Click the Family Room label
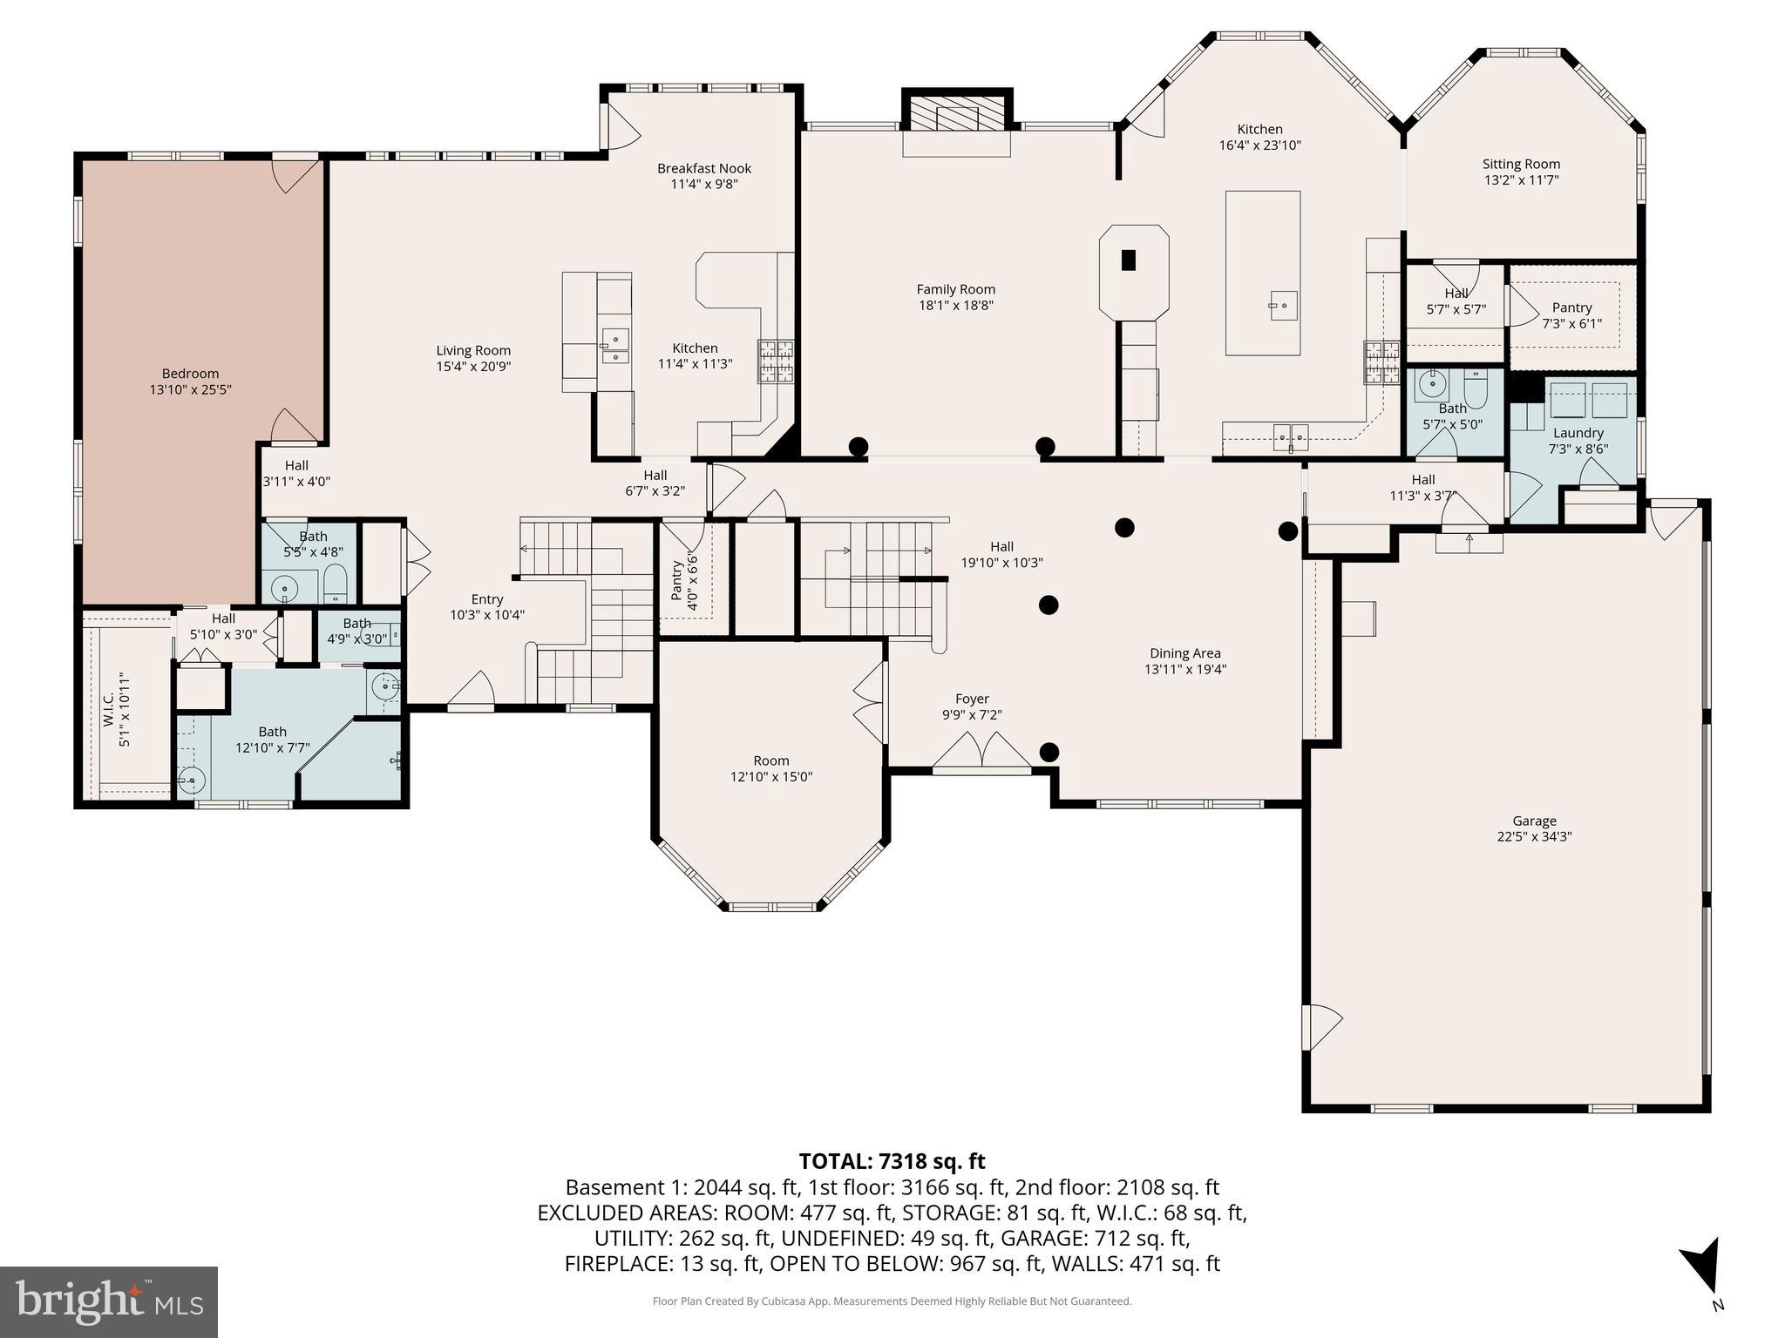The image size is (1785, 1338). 955,289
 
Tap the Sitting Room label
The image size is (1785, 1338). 1521,164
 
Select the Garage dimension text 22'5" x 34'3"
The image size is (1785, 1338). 1534,836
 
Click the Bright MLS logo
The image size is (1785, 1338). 108,1301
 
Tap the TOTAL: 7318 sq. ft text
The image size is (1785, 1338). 892,1161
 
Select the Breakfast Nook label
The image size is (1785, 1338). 704,168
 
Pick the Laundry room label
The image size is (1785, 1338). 1578,433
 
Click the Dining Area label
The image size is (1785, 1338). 1184,652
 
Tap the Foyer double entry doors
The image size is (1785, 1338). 981,753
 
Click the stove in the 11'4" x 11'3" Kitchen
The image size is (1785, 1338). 776,361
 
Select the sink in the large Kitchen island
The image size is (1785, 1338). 1283,306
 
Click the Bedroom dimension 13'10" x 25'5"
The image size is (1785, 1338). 190,389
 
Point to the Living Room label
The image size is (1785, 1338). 473,350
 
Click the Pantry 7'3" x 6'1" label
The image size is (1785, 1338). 1571,307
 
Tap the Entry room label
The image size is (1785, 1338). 487,599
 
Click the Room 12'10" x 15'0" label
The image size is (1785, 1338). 771,760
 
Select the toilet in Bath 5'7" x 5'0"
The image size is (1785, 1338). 1476,389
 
